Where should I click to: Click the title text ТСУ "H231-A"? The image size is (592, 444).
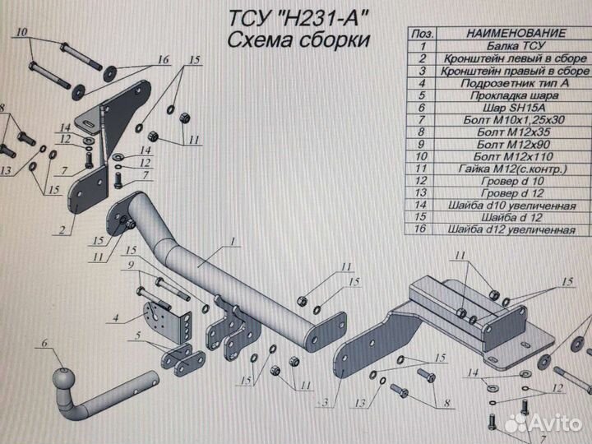pos(298,18)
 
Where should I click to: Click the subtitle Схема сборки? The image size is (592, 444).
pos(298,40)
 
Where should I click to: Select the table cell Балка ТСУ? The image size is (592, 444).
pos(516,46)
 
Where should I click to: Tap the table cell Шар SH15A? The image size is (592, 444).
pos(514,108)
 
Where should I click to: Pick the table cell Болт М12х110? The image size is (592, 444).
pos(513,157)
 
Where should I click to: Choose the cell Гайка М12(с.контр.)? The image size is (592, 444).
pos(513,169)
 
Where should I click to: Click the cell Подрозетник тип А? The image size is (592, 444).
pos(514,83)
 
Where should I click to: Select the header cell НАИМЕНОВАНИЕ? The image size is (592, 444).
pos(516,33)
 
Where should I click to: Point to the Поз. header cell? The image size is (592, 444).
pos(422,34)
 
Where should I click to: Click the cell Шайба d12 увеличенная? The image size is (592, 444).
pos(511,229)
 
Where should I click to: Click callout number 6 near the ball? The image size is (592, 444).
pos(44,343)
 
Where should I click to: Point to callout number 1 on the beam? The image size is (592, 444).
pos(233,241)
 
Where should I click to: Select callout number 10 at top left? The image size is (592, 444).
pos(21,32)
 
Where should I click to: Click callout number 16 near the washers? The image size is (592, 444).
pos(163,60)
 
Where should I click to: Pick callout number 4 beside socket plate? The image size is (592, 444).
pos(116,317)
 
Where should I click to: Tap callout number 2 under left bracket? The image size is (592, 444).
pos(62,229)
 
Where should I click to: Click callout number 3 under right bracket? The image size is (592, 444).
pos(325,403)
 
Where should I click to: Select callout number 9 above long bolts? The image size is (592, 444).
pos(131,265)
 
